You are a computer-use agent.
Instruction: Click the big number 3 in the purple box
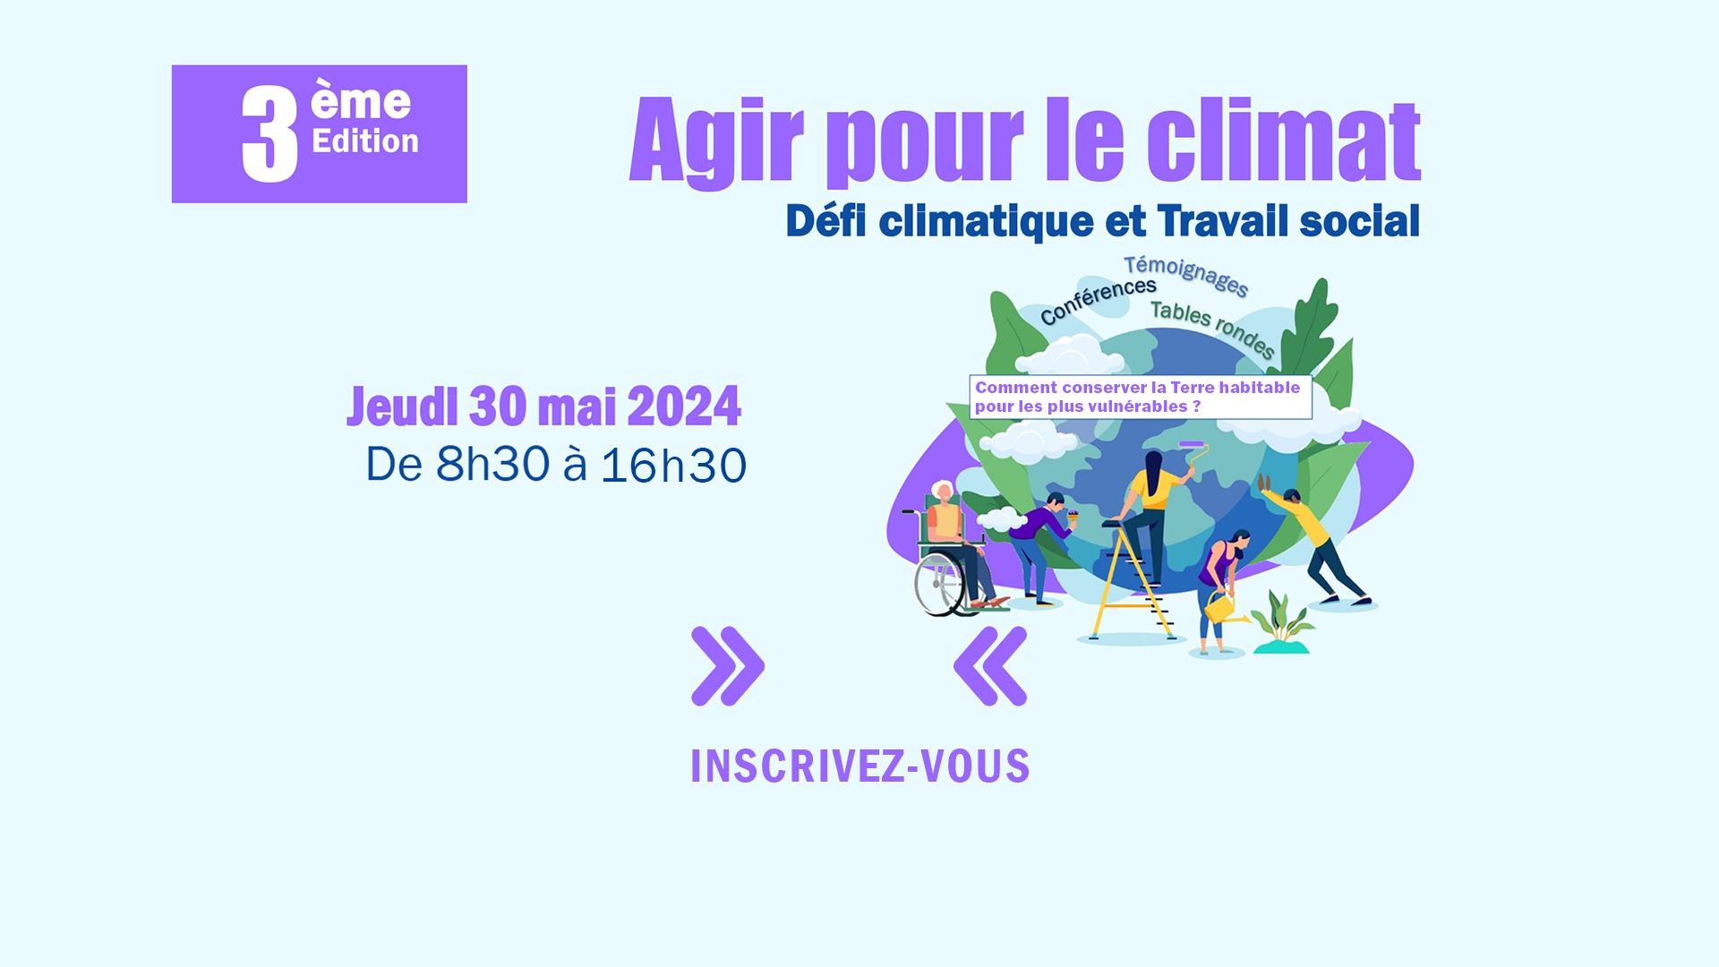269,134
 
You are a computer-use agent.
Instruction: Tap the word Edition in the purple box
365,141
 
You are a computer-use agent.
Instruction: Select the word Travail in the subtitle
1223,221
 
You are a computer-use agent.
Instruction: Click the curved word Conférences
1098,300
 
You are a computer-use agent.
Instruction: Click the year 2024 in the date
684,406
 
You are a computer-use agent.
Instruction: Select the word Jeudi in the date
403,406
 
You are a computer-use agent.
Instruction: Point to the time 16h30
673,466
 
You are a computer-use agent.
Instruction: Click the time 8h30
492,465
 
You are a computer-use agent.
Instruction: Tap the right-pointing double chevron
728,666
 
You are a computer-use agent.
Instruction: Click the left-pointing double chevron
990,666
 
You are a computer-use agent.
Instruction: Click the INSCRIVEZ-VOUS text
860,766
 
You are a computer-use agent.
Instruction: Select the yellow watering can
1223,608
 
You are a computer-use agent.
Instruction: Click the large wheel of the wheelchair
939,585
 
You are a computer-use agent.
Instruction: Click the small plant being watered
1282,621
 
